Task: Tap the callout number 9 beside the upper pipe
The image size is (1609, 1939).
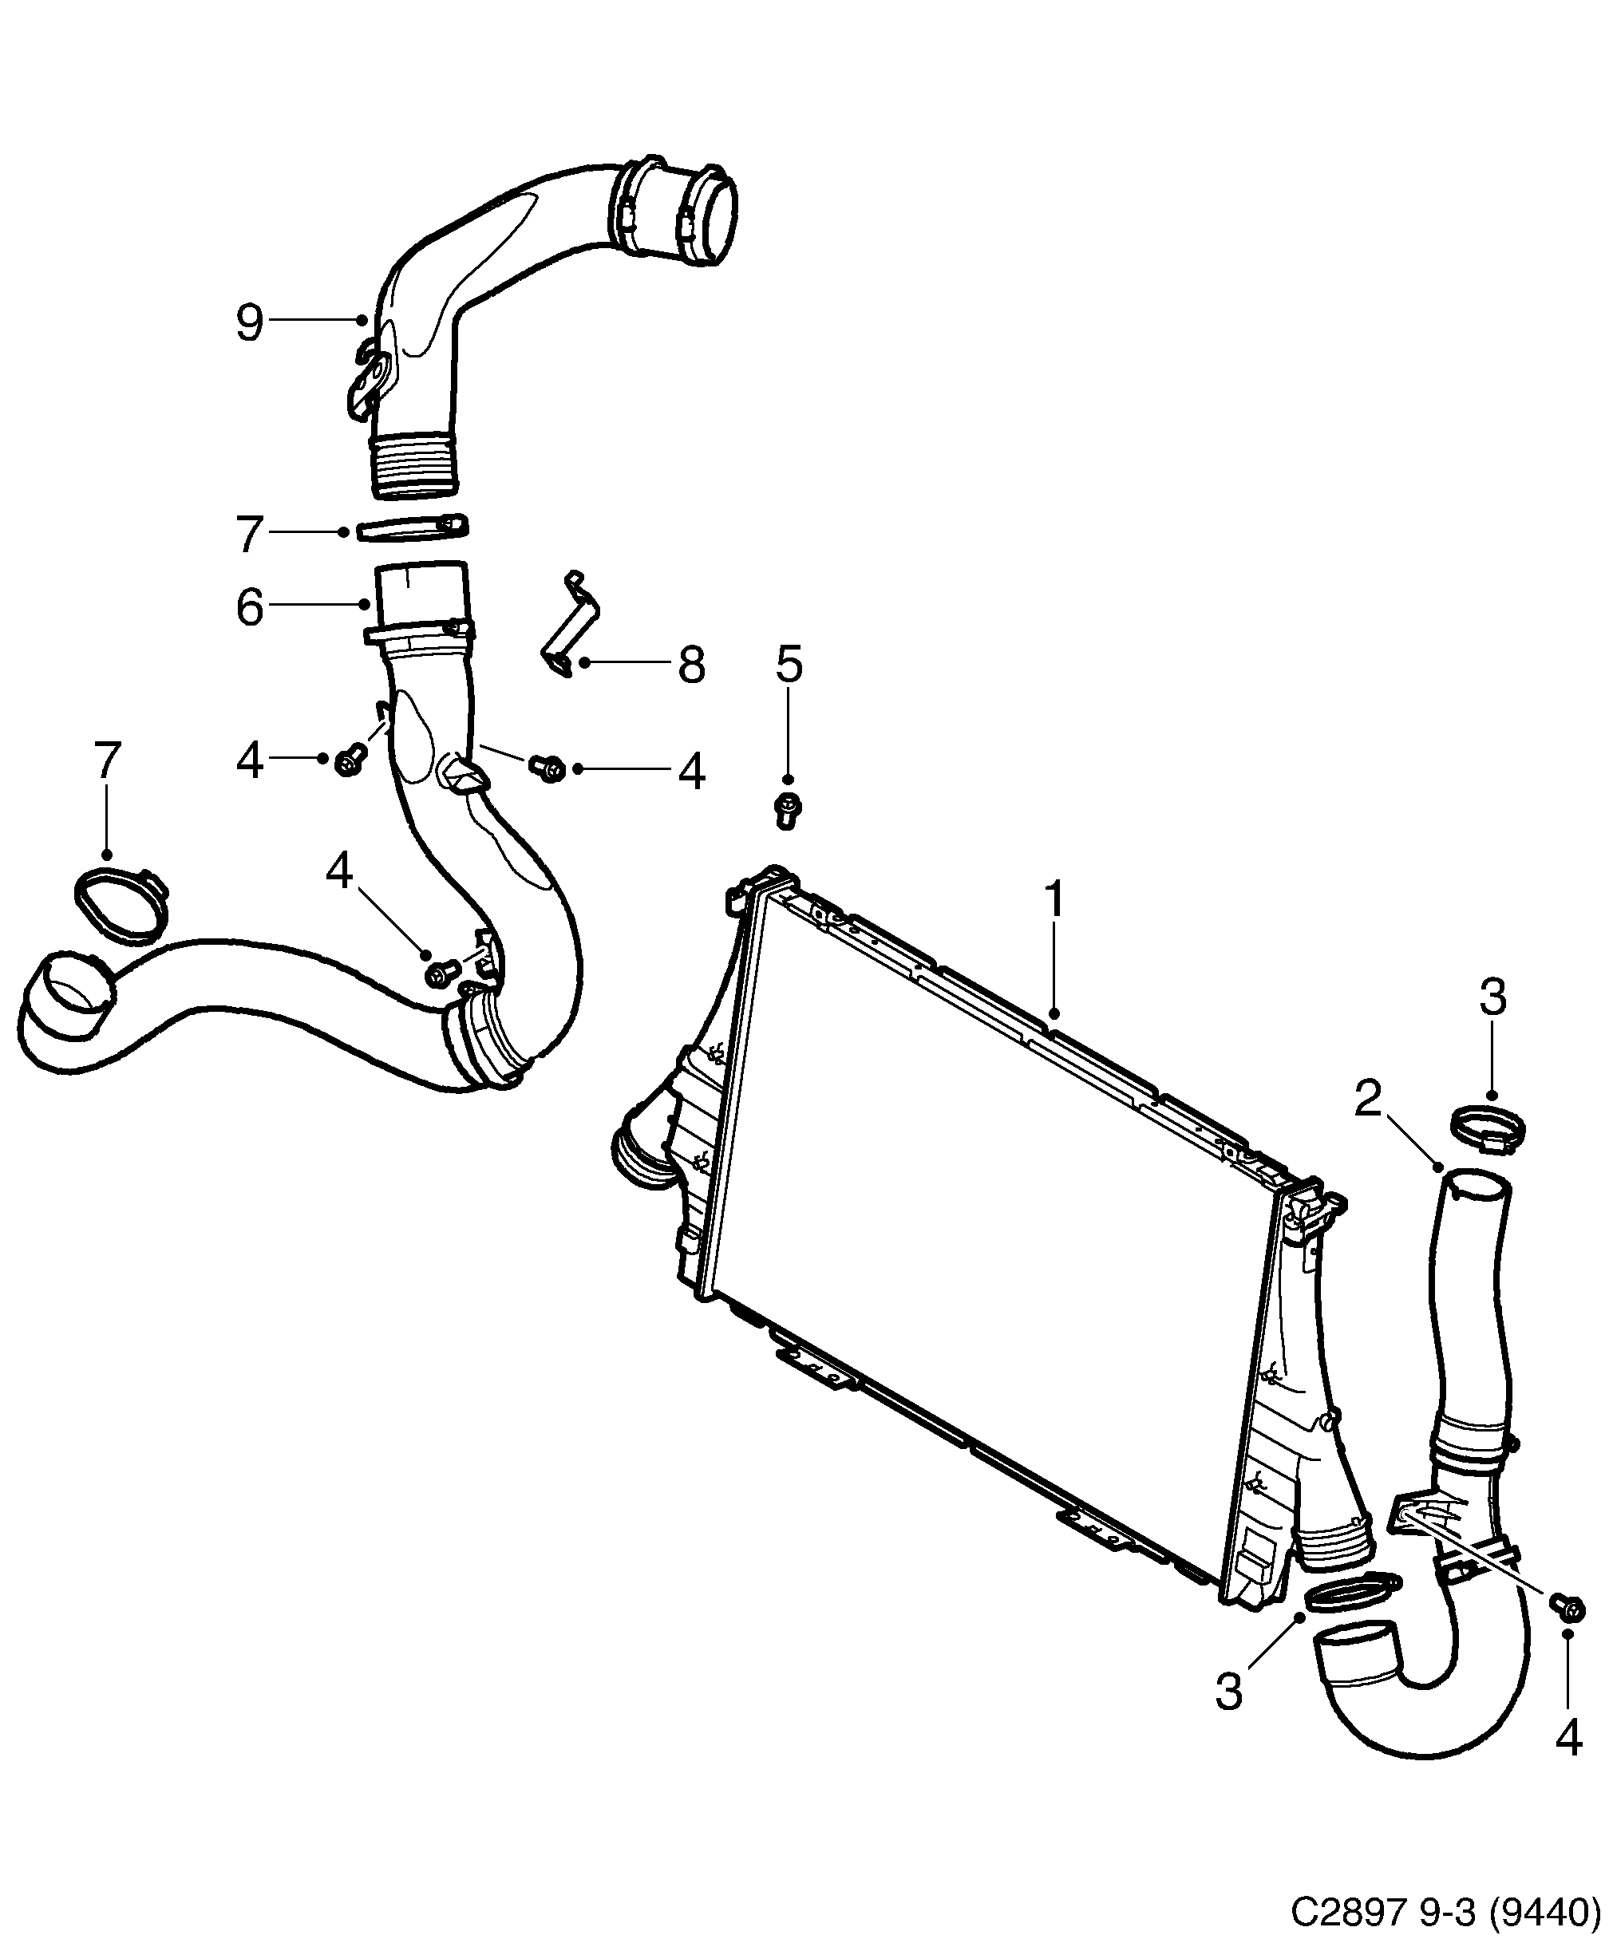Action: pyautogui.click(x=249, y=323)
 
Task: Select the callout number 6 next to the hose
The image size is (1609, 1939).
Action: pyautogui.click(x=249, y=607)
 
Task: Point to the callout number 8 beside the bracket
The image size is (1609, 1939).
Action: pyautogui.click(x=691, y=664)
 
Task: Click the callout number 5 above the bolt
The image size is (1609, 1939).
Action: pyautogui.click(x=789, y=663)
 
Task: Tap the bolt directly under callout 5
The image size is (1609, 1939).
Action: pyautogui.click(x=786, y=811)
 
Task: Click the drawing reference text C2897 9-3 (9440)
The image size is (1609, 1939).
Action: pyautogui.click(x=1445, y=1908)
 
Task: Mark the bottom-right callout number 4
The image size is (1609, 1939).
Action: pyautogui.click(x=1568, y=1739)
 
